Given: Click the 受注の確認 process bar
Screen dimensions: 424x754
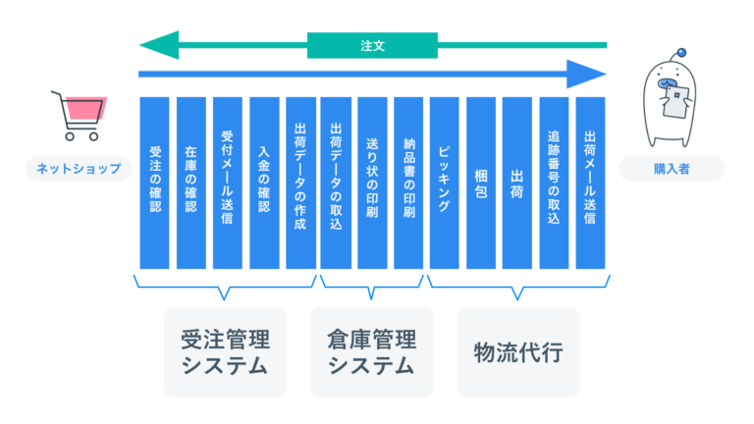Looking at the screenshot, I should tap(154, 183).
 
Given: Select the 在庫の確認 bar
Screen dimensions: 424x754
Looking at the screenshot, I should tap(190, 183).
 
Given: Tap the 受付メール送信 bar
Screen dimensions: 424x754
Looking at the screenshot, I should tap(227, 183).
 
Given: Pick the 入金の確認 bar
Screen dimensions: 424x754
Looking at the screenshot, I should tap(263, 183).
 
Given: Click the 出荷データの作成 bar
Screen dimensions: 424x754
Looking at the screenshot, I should tap(299, 183).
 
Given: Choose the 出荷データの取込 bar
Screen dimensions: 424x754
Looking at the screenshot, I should tap(336, 183).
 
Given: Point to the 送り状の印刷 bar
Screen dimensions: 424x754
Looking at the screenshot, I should tap(372, 183).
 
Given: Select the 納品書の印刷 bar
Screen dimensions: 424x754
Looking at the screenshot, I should tap(408, 183).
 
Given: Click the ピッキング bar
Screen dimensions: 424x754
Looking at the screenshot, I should tap(445, 183).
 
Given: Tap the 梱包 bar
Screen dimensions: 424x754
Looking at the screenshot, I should tap(481, 183).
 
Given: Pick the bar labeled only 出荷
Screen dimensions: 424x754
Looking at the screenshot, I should tap(517, 183).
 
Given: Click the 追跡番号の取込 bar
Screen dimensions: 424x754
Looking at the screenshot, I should tap(554, 183).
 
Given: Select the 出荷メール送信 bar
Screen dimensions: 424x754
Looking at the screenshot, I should tap(590, 183).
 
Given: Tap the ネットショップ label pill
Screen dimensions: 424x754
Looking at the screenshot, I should tap(79, 169).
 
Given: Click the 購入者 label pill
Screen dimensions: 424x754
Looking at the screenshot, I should tap(672, 169).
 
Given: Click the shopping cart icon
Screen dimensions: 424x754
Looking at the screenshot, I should tap(79, 116).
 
